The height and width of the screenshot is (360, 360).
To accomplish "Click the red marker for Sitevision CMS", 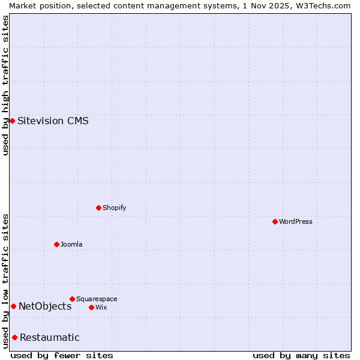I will pyautogui.click(x=12, y=121).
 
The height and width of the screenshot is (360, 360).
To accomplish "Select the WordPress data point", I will pyautogui.click(x=275, y=221).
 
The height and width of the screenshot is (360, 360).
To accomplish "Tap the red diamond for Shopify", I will pyautogui.click(x=98, y=208).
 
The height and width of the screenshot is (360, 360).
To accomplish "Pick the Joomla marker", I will pyautogui.click(x=56, y=244).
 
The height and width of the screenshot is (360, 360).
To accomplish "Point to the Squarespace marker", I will pyautogui.click(x=72, y=299).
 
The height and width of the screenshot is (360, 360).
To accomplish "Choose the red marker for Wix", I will pyautogui.click(x=91, y=307).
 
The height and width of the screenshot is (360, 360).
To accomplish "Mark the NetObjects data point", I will pyautogui.click(x=13, y=306).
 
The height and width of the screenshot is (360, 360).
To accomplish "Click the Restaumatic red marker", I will pyautogui.click(x=14, y=337).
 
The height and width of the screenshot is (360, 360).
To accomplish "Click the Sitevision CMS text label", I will pyautogui.click(x=53, y=121).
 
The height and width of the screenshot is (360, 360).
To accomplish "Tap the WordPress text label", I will pyautogui.click(x=296, y=221).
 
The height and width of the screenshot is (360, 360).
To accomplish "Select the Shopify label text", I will pyautogui.click(x=114, y=208).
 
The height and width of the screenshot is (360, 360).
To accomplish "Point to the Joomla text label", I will pyautogui.click(x=71, y=244).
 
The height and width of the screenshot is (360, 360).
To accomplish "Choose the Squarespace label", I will pyautogui.click(x=97, y=299).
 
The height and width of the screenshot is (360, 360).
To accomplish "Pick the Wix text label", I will pyautogui.click(x=101, y=307).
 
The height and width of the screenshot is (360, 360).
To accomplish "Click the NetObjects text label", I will pyautogui.click(x=45, y=306).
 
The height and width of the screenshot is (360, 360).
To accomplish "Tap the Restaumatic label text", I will pyautogui.click(x=49, y=337).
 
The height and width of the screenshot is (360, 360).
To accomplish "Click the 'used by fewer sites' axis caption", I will pyautogui.click(x=62, y=355).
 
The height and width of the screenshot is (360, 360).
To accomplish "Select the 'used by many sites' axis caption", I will pyautogui.click(x=301, y=355).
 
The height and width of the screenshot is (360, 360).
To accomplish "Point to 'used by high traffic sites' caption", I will pyautogui.click(x=5, y=85).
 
